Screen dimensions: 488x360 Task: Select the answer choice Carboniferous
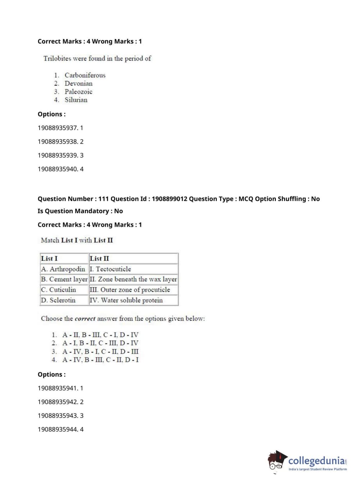click(x=85, y=75)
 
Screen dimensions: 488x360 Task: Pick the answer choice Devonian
click(x=78, y=83)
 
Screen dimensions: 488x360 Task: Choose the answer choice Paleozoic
click(x=78, y=92)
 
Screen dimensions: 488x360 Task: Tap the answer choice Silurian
click(x=76, y=100)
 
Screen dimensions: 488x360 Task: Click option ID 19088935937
click(x=58, y=128)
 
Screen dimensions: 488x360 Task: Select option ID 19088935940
click(x=58, y=169)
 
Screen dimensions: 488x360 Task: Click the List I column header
click(x=49, y=258)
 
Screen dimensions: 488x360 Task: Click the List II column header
click(x=99, y=258)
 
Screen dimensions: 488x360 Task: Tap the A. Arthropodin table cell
click(x=63, y=269)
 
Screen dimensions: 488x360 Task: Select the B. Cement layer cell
click(x=64, y=279)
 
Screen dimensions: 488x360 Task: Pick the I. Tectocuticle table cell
click(x=110, y=269)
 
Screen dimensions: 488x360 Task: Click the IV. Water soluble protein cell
click(x=126, y=300)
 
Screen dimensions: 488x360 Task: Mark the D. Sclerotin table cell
click(x=58, y=300)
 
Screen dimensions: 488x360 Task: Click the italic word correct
click(x=85, y=318)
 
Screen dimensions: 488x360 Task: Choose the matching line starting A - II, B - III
click(x=100, y=335)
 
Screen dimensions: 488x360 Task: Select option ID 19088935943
click(x=58, y=415)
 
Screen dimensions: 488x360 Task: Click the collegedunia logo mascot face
click(x=276, y=461)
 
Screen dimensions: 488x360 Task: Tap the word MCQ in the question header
click(x=246, y=199)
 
